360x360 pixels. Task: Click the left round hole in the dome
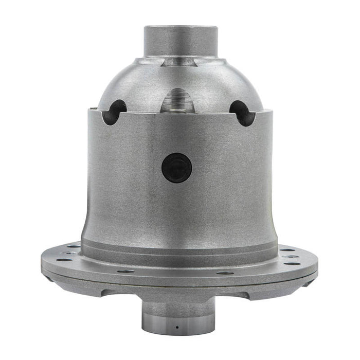114,112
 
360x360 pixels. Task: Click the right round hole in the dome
242,112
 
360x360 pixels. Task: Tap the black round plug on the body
176,168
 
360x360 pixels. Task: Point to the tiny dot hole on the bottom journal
176,327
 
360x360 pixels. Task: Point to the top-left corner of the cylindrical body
88,109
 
